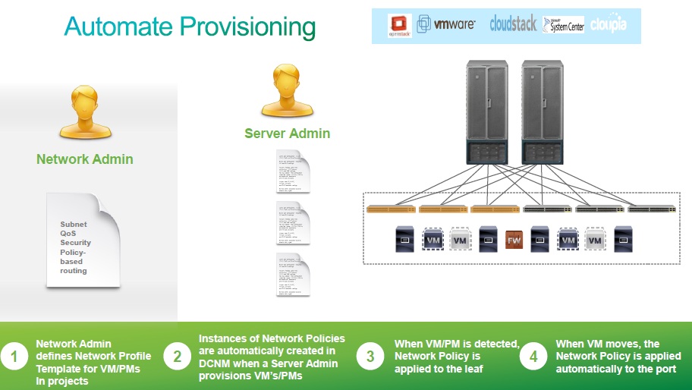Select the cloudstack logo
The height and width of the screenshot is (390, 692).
click(x=512, y=24)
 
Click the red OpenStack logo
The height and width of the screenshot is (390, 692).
click(x=400, y=26)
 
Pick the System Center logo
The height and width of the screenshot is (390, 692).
click(x=562, y=24)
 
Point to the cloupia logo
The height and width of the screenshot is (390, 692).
click(x=609, y=24)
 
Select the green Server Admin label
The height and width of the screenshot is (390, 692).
click(x=287, y=134)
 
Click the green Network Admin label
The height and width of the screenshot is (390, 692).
click(x=85, y=159)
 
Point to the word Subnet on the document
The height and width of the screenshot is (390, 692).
click(x=74, y=225)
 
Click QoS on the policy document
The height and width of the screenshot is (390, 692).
click(x=68, y=234)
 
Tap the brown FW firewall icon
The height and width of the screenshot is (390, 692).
click(x=514, y=240)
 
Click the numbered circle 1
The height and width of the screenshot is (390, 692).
click(x=13, y=356)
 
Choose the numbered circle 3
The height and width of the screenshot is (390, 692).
click(x=371, y=356)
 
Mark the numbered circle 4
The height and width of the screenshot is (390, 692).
click(x=533, y=356)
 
